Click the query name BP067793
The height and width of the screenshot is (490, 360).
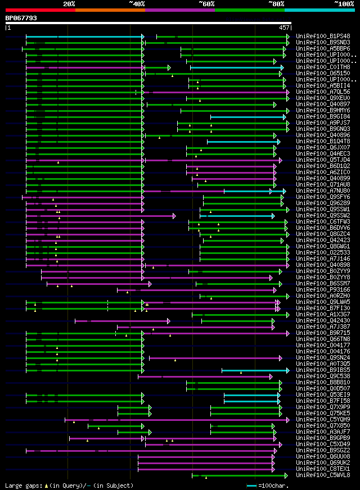point(21,18)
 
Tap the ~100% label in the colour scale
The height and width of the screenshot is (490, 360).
point(344,3)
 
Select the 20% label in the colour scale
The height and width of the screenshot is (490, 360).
point(69,3)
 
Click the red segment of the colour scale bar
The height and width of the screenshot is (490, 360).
point(40,10)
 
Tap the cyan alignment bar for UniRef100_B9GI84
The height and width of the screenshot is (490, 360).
point(247,117)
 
